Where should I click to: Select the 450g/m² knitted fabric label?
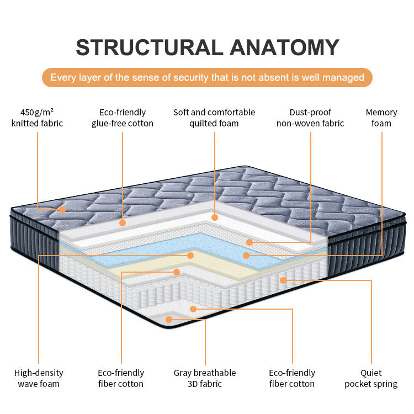pos(37,118)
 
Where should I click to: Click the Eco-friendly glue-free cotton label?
pos(122,118)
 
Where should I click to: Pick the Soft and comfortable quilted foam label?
pos(214,118)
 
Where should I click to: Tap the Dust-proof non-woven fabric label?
pos(310,118)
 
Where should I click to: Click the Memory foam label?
pos(381,118)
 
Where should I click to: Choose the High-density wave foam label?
pos(39,378)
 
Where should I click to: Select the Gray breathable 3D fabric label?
pos(205,378)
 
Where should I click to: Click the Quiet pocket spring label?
pos(371,378)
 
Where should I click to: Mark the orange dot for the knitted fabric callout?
pos(62,210)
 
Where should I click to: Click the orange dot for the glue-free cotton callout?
pos(123,223)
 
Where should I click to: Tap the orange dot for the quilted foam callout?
pos(215,217)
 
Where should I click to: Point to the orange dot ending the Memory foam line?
pos(246,255)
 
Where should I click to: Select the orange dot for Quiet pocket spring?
pos(283,280)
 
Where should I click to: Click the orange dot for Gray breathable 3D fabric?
pos(169,319)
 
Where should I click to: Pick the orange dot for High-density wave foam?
pos(190,255)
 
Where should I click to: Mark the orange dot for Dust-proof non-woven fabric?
pos(250,242)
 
